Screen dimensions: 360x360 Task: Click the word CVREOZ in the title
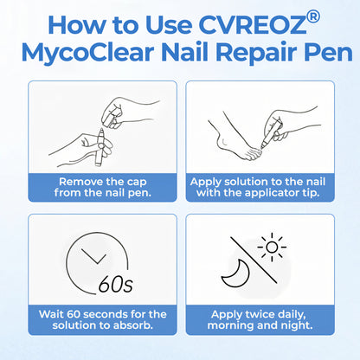click(252, 24)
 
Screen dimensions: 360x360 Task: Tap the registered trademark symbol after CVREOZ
click(312, 16)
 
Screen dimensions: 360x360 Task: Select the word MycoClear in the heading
click(87, 54)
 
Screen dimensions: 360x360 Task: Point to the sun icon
click(272, 247)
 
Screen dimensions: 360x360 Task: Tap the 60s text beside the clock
click(116, 283)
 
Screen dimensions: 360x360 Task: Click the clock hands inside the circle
click(94, 256)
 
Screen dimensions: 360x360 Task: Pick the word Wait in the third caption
click(51, 314)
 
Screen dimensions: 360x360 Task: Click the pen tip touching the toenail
click(262, 147)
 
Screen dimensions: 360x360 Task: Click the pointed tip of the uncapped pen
click(101, 130)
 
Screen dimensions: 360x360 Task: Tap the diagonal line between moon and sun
click(254, 260)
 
